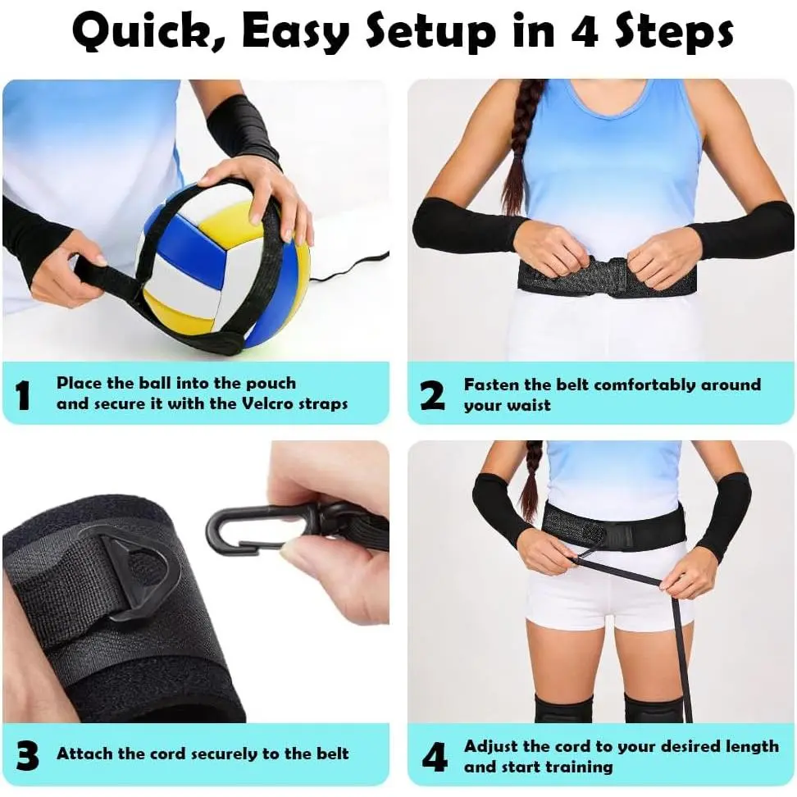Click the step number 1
[x=23, y=395]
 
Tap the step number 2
[x=433, y=395]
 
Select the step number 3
[x=27, y=756]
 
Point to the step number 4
[x=435, y=756]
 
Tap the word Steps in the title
[x=675, y=31]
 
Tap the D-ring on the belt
[x=139, y=580]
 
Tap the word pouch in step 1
[x=271, y=384]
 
